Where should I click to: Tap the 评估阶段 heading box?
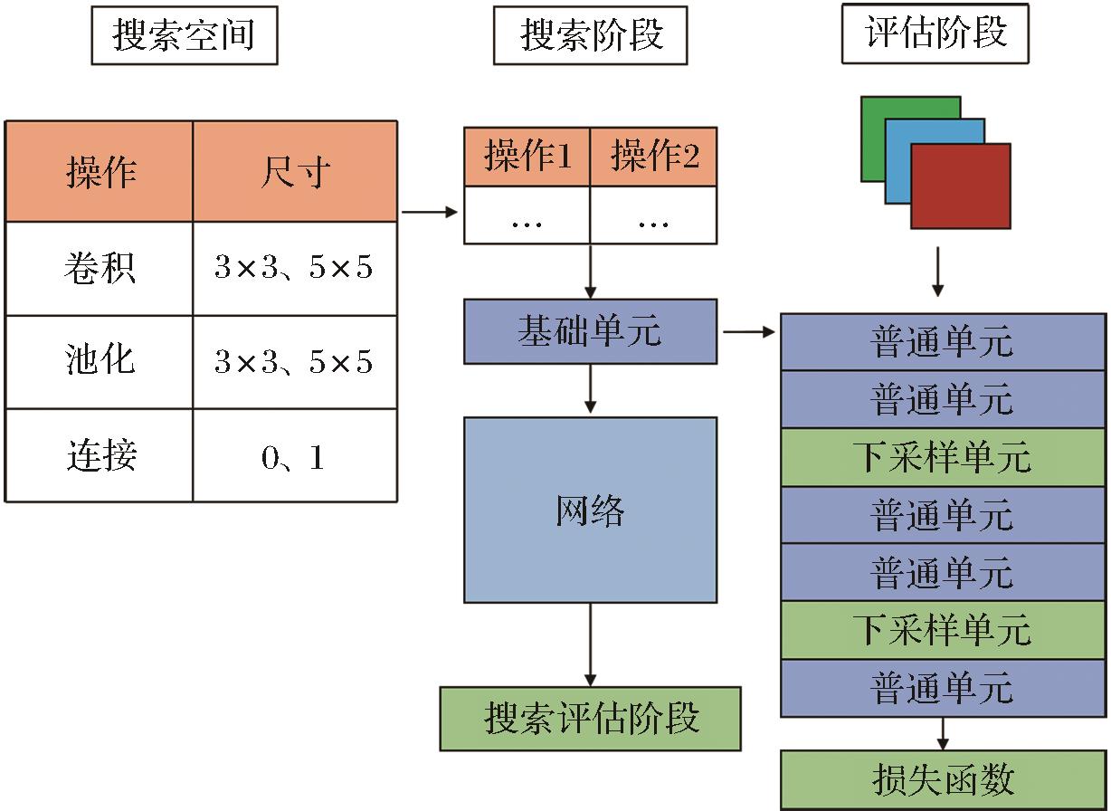click(x=935, y=34)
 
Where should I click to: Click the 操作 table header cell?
click(x=100, y=171)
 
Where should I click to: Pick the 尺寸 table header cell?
click(x=295, y=171)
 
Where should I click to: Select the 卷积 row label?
click(x=100, y=268)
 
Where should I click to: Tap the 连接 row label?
click(x=100, y=455)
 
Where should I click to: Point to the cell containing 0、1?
click(x=295, y=455)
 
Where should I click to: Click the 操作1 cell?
click(x=527, y=157)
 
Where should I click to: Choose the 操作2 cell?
click(x=653, y=157)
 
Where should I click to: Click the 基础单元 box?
click(x=590, y=332)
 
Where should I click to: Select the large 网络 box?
click(x=590, y=510)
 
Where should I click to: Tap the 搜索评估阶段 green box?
click(x=590, y=719)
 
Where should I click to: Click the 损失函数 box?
click(x=943, y=780)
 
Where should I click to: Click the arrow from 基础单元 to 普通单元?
click(x=750, y=332)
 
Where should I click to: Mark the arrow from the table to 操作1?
click(x=430, y=213)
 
